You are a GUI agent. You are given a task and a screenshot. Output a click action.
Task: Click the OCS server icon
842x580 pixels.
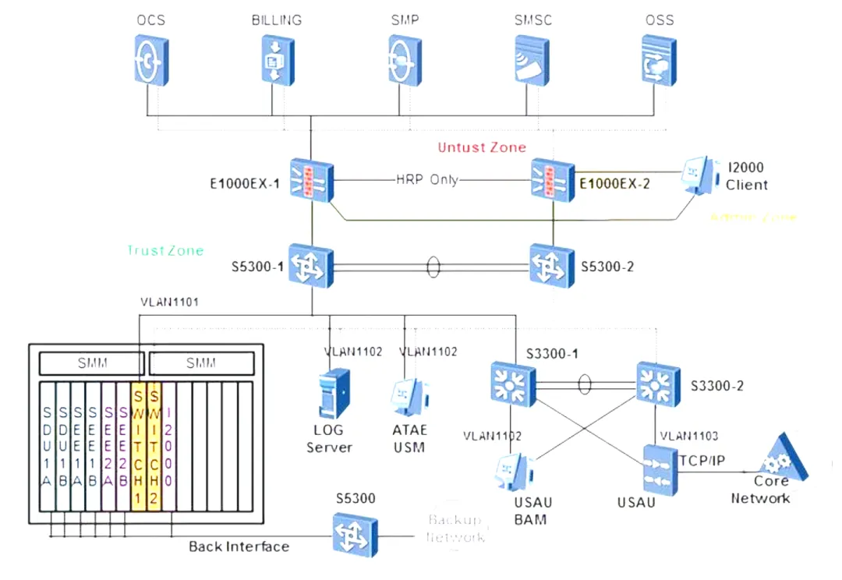click(150, 59)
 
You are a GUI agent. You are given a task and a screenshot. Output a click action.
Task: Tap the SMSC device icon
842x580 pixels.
click(532, 59)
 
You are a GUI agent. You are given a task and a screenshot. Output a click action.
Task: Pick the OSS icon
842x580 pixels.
click(657, 59)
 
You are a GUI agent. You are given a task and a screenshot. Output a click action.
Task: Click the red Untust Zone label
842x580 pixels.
click(482, 147)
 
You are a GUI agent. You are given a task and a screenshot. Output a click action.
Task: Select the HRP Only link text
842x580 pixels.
click(427, 179)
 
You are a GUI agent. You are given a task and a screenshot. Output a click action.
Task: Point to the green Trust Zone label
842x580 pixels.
click(165, 250)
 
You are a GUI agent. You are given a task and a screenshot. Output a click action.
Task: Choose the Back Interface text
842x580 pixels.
click(239, 546)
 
